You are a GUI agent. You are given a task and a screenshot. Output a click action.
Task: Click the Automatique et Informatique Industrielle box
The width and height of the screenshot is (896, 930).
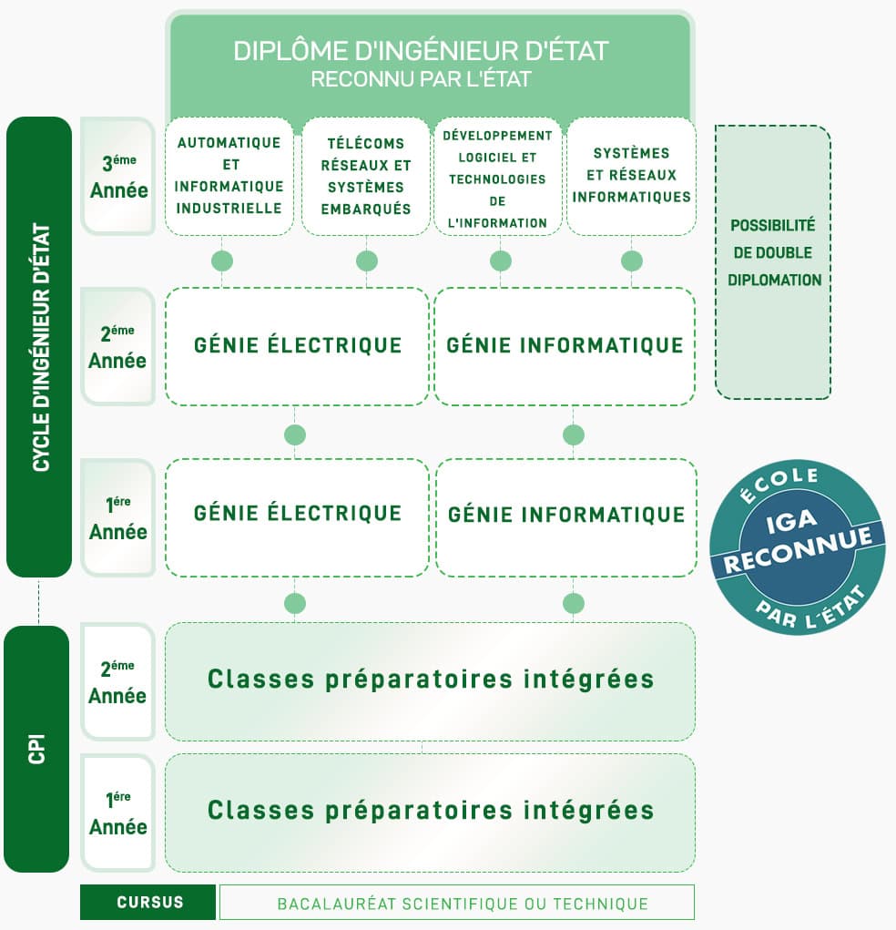coord(229,176)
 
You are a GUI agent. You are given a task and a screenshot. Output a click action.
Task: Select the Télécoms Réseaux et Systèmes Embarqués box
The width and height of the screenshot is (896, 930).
coord(366,176)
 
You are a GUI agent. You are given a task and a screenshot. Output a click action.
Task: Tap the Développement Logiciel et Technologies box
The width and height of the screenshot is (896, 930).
coord(497,176)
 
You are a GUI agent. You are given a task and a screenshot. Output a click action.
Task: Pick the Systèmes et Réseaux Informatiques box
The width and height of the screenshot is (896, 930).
coord(632,176)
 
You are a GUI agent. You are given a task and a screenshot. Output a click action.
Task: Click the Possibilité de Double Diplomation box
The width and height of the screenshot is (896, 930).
coord(773,261)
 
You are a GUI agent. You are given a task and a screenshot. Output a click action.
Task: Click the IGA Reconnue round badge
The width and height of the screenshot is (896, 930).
coord(798,547)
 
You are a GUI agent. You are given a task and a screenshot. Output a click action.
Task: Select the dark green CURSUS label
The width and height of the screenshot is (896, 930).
coord(148,902)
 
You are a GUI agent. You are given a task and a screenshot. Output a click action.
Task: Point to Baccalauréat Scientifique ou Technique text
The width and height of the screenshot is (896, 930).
coord(463,904)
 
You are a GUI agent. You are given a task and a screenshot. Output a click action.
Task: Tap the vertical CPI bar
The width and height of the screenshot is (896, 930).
coord(36,749)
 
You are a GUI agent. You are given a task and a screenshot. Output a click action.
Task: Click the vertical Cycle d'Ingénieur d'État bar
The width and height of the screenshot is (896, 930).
coord(39,347)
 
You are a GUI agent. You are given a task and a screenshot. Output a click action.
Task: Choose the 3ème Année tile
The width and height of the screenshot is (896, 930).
coord(118,176)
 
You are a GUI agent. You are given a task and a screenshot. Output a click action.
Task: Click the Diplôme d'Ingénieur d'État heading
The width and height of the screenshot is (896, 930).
coord(421,51)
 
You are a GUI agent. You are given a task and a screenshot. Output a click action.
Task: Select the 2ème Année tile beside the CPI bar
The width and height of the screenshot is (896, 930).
coord(118,681)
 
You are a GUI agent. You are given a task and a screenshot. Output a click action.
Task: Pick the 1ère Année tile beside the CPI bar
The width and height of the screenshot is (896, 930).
coord(118,812)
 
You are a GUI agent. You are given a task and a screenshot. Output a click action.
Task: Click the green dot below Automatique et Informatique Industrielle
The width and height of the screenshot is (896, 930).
coord(222,261)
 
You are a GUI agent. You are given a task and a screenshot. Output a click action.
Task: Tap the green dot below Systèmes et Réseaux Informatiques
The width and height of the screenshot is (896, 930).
coord(632,261)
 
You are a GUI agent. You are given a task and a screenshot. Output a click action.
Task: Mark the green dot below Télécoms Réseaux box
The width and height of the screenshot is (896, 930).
coord(366,261)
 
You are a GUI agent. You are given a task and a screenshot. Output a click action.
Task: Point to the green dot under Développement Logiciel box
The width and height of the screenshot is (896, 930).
coord(501,261)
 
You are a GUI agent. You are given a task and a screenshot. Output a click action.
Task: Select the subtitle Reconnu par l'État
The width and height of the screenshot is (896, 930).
coord(421,79)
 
